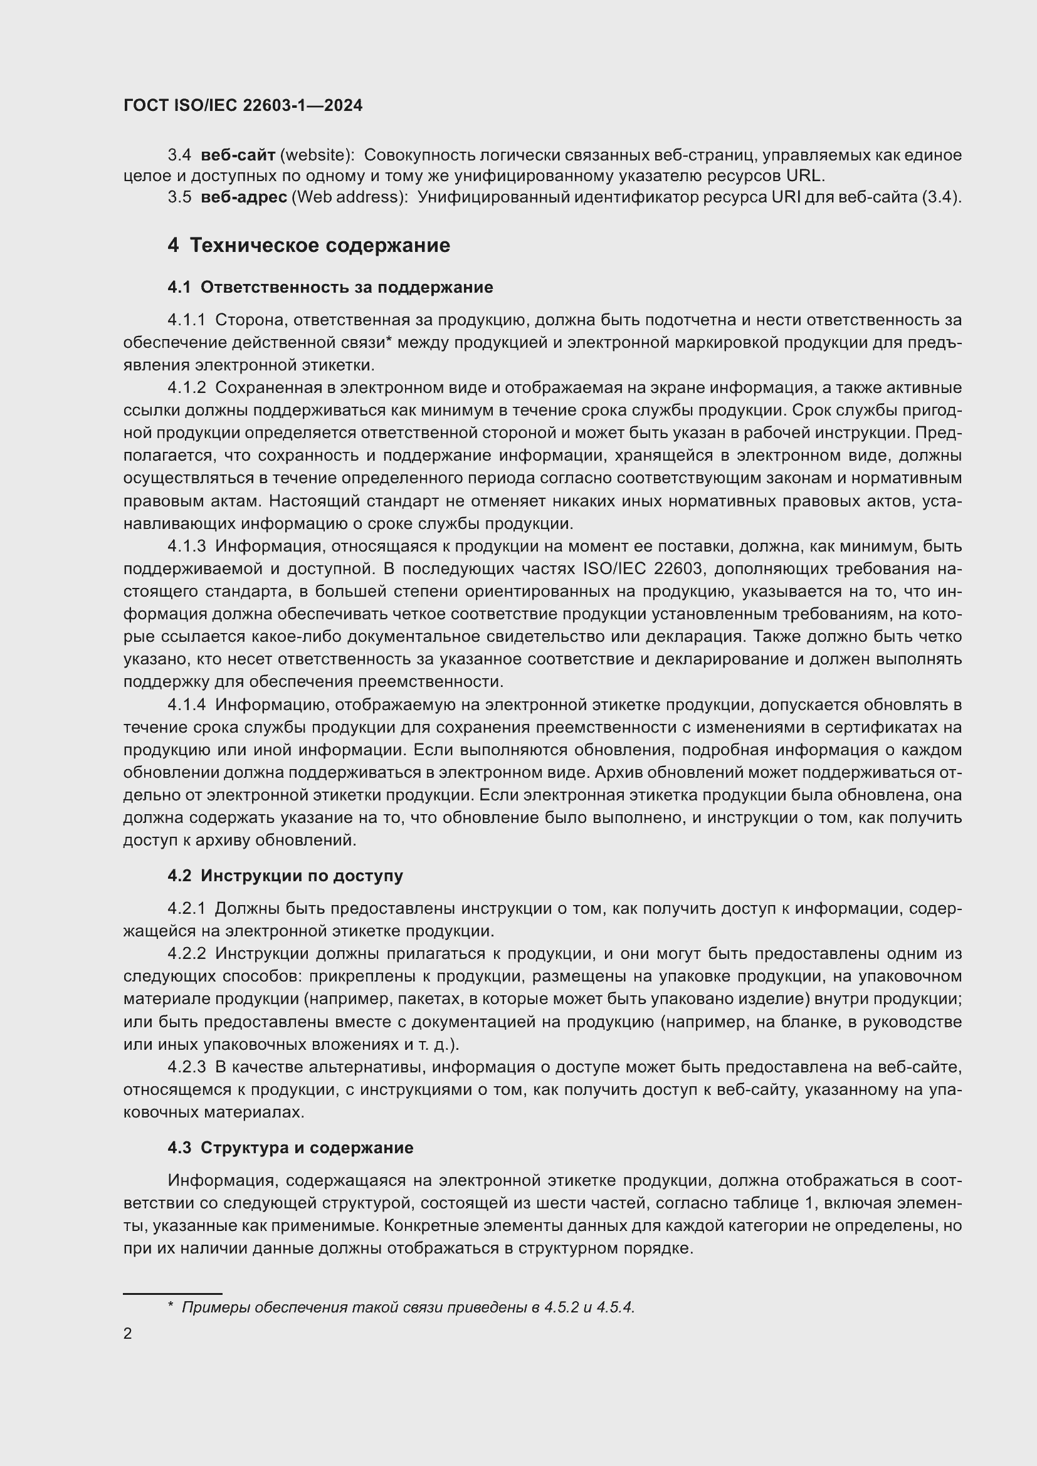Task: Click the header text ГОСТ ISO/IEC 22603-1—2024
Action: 243,106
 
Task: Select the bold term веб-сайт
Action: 238,155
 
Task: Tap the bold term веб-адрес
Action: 243,197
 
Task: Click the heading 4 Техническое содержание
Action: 308,245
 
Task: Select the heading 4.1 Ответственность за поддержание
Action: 330,287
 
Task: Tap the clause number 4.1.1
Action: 186,320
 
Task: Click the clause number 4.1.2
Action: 186,387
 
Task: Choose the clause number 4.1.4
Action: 186,704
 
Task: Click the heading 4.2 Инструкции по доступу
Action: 285,876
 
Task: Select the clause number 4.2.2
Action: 186,953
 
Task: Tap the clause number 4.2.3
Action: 186,1067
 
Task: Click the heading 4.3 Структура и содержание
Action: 290,1148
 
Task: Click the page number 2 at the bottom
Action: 128,1333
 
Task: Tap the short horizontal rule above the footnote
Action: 172,1293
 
